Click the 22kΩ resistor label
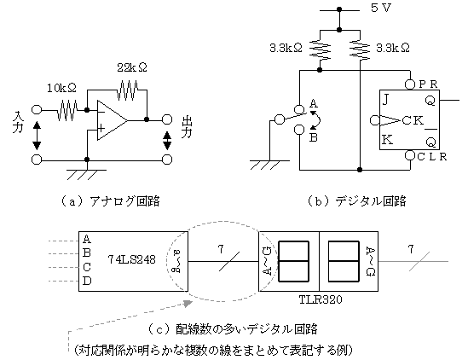click(132, 67)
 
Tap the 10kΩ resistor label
click(61, 88)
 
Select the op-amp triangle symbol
click(113, 120)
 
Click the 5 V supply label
click(381, 8)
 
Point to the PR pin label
click(428, 84)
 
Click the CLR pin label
click(432, 157)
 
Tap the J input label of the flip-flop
click(385, 99)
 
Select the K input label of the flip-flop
click(387, 140)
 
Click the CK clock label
click(413, 120)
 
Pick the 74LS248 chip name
click(131, 259)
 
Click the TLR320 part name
click(321, 299)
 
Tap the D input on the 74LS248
click(87, 281)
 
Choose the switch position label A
click(314, 104)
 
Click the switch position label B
click(313, 137)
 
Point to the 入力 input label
click(18, 123)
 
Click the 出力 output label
click(187, 127)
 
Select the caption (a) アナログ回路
click(111, 201)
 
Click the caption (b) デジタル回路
click(356, 201)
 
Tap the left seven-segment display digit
click(293, 261)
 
